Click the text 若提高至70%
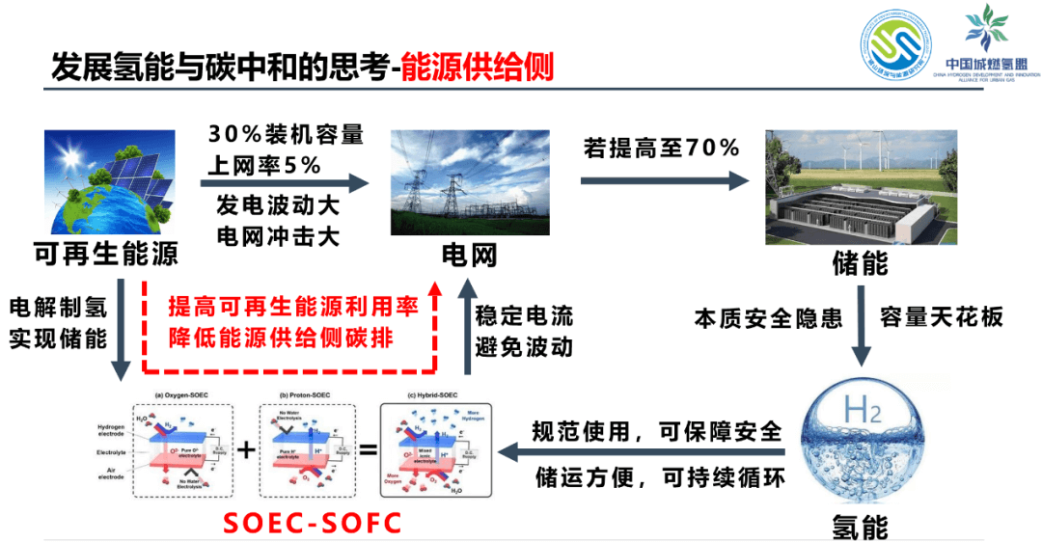tap(661, 148)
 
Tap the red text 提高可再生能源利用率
tap(293, 308)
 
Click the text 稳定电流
tap(524, 315)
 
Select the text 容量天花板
tap(942, 316)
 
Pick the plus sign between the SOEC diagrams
tap(246, 448)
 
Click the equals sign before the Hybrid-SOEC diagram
tap(368, 448)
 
